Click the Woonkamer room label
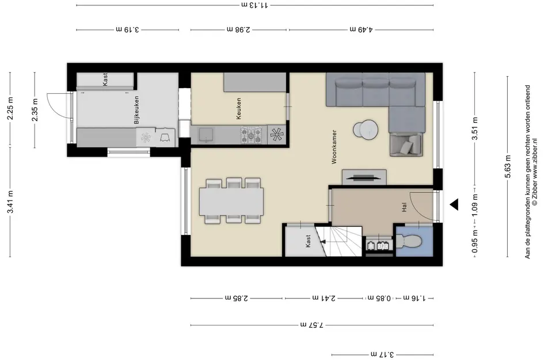coord(334,147)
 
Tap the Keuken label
coord(238,109)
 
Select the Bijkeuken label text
coord(136,110)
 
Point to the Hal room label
coord(404,207)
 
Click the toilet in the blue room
coord(409,241)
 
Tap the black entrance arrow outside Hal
coord(454,205)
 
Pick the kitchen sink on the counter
coord(206,135)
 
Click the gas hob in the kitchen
coord(252,135)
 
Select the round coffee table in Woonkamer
coord(366,130)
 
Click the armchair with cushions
coord(406,144)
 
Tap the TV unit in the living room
coord(364,177)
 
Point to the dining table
coord(231,202)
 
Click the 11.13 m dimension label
coord(254,5)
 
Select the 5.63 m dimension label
coord(508,166)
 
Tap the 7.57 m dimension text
coord(311,325)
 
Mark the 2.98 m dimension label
coord(239,29)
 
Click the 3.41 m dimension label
coord(10,202)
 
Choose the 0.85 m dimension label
coord(379,298)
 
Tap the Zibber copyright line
coord(535,172)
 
